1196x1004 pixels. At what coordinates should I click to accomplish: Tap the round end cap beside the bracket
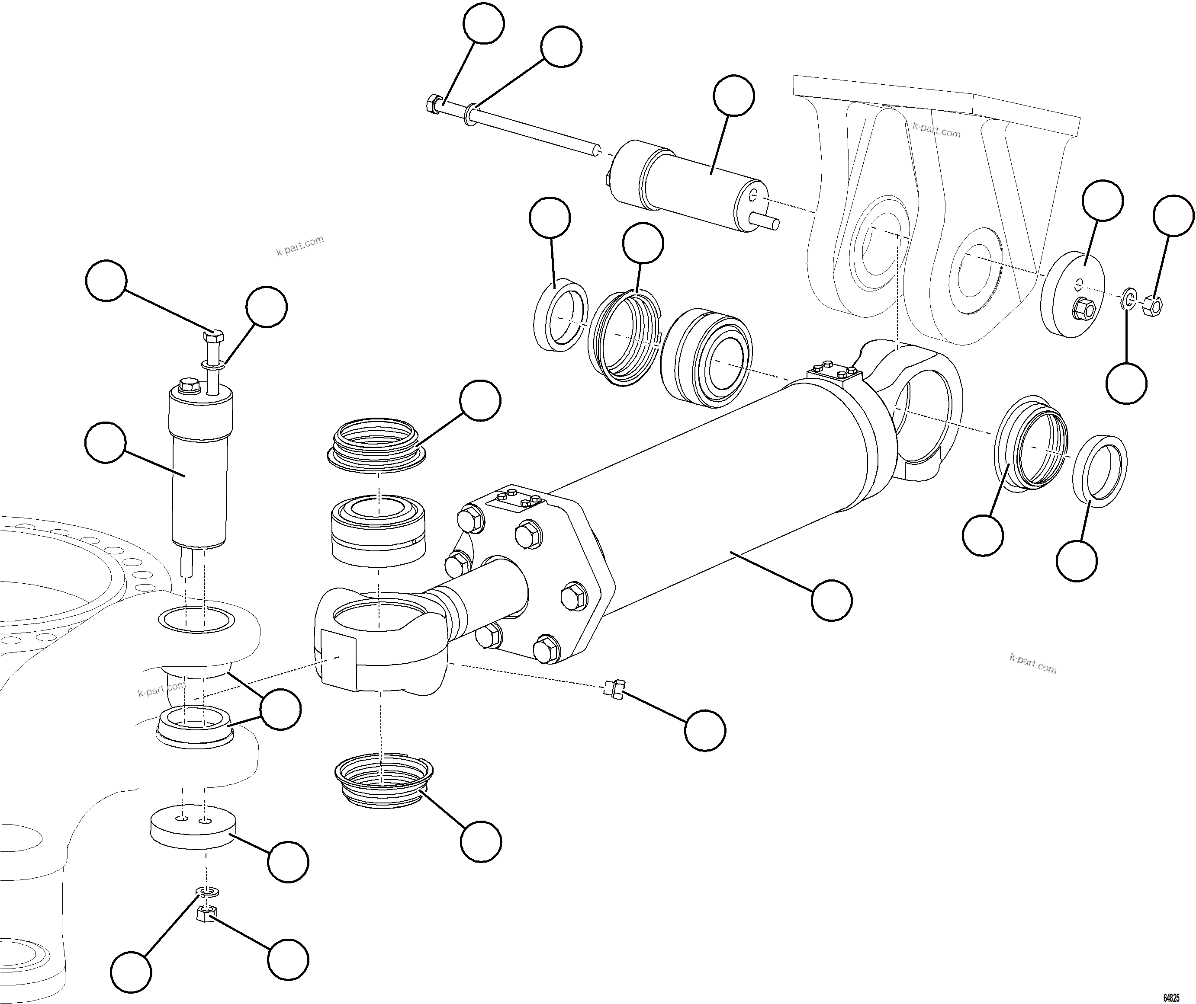1073,294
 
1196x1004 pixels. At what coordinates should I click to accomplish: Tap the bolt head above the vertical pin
214,336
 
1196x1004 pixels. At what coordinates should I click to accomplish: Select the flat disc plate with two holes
194,828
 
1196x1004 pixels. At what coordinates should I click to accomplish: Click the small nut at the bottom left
205,915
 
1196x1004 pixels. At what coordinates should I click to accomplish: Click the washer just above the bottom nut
209,890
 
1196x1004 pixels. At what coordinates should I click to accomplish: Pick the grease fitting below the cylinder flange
614,689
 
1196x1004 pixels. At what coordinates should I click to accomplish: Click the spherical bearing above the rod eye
378,531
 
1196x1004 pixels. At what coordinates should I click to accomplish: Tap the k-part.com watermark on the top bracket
936,130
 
